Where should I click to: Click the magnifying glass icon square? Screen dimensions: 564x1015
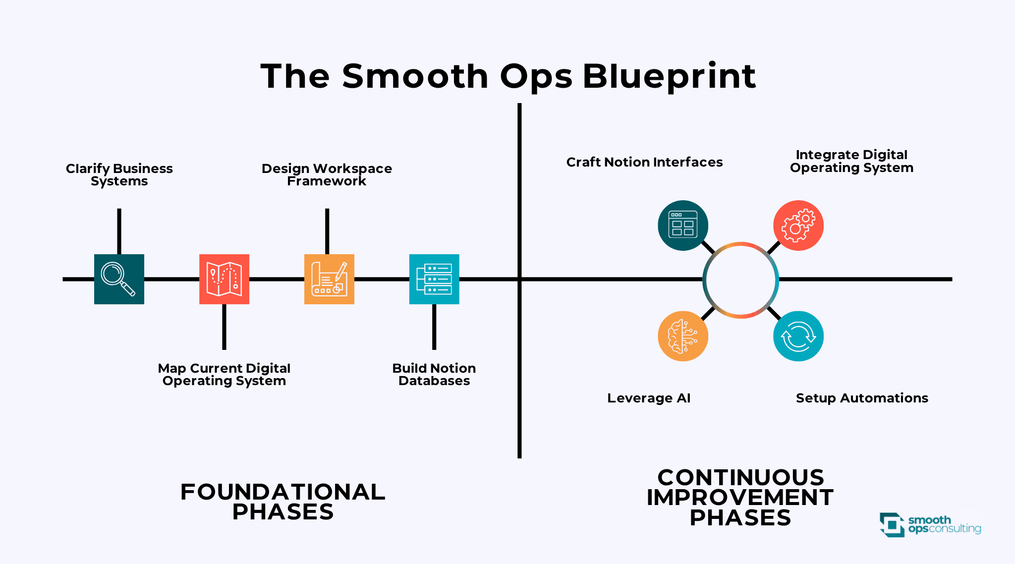pyautogui.click(x=119, y=279)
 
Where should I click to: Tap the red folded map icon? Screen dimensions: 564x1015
pyautogui.click(x=224, y=279)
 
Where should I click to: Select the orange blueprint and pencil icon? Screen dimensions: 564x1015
pyautogui.click(x=329, y=279)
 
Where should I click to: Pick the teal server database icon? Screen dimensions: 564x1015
pyautogui.click(x=434, y=279)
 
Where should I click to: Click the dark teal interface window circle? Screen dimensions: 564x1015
pyautogui.click(x=683, y=226)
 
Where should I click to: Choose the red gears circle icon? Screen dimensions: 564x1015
pyautogui.click(x=798, y=226)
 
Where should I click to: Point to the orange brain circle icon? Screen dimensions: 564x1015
pyautogui.click(x=683, y=336)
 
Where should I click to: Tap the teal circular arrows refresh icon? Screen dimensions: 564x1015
pyautogui.click(x=798, y=336)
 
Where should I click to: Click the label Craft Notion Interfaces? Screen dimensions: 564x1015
pyautogui.click(x=644, y=162)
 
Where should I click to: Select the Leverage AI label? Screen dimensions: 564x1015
pyautogui.click(x=649, y=398)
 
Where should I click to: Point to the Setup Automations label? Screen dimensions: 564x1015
pyautogui.click(x=862, y=398)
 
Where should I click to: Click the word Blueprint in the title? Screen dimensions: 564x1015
pyautogui.click(x=669, y=76)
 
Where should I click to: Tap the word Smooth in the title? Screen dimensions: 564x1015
pyautogui.click(x=415, y=76)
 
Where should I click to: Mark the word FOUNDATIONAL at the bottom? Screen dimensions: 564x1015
pyautogui.click(x=282, y=492)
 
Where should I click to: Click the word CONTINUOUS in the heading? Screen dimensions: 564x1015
pyautogui.click(x=740, y=478)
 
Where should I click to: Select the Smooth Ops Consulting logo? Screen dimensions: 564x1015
pyautogui.click(x=930, y=525)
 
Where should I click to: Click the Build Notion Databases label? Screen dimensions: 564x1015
pyautogui.click(x=434, y=375)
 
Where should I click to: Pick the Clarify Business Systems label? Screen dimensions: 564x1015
pyautogui.click(x=119, y=175)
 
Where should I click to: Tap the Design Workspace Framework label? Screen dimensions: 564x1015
pyautogui.click(x=327, y=175)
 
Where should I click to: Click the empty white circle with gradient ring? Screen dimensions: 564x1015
pyautogui.click(x=740, y=280)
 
